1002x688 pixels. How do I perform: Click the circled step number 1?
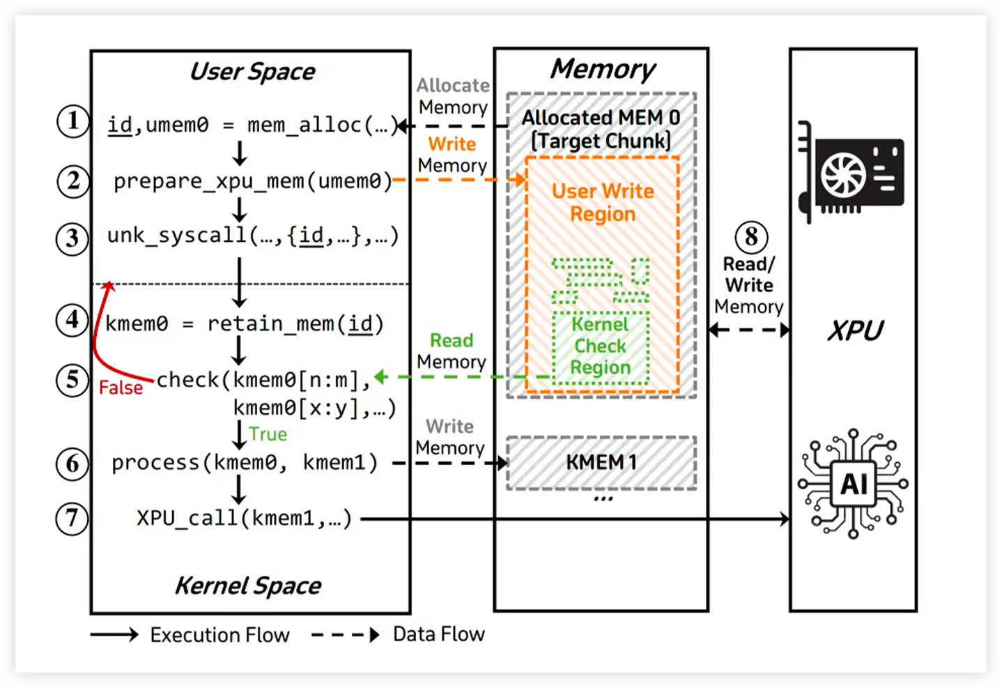[72, 121]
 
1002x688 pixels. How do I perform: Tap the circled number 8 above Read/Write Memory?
[751, 237]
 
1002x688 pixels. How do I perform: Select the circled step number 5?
[72, 380]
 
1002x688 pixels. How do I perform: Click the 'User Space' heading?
[252, 72]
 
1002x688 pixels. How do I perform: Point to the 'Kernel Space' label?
[248, 586]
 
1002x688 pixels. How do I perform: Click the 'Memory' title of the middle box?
[603, 69]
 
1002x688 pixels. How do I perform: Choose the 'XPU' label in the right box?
[855, 330]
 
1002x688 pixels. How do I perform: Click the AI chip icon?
[853, 483]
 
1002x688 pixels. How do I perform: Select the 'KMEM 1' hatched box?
[601, 462]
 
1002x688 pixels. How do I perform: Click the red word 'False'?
[121, 388]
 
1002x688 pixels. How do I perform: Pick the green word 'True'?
[268, 434]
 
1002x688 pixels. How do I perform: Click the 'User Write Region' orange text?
[603, 202]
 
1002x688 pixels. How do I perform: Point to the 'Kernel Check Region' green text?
[601, 346]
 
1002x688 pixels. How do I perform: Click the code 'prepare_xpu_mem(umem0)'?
[252, 181]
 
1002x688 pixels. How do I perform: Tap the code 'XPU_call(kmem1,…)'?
[244, 518]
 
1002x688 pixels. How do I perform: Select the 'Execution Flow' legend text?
[219, 635]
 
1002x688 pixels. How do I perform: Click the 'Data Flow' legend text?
[438, 634]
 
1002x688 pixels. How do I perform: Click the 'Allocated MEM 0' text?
[601, 118]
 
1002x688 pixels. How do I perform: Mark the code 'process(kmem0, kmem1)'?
[245, 463]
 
